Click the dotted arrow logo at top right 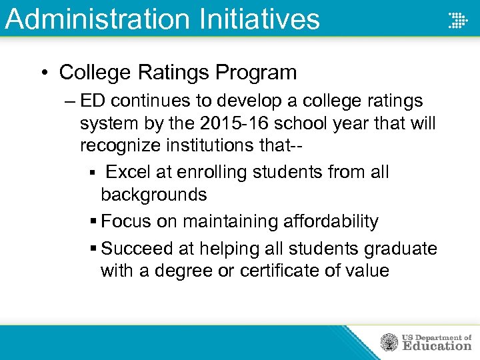[x=457, y=19]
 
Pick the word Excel [x=127, y=172]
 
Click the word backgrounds [x=153, y=195]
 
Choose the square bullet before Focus [x=93, y=221]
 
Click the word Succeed [x=137, y=249]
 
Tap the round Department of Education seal [x=389, y=343]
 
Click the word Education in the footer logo [x=436, y=346]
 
